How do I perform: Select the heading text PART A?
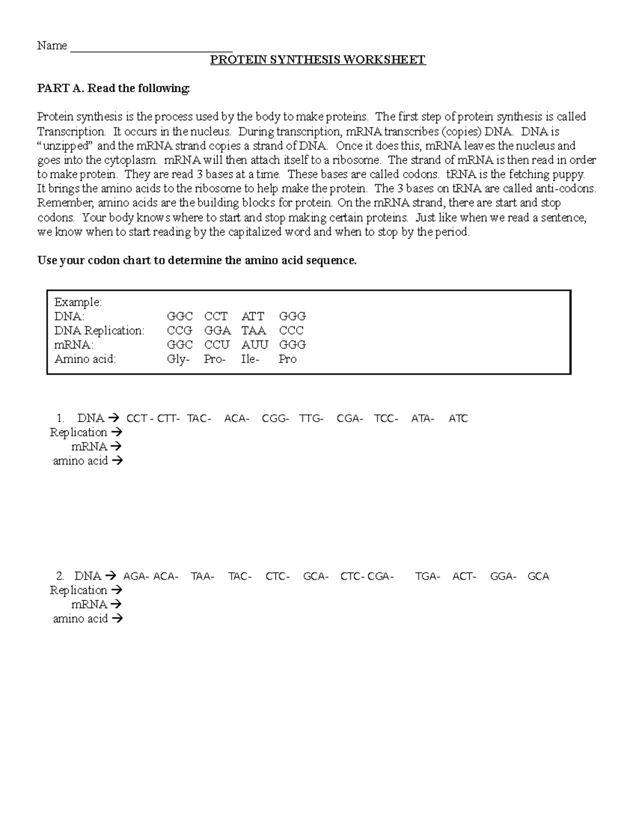pos(60,89)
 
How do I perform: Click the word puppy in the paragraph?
pos(568,174)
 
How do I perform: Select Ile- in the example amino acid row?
pos(250,359)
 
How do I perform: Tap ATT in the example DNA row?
pos(253,316)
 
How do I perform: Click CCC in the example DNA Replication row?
pos(291,331)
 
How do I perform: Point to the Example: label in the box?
pos(78,302)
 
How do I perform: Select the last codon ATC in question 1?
pos(458,419)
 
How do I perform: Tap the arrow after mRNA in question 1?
pos(117,447)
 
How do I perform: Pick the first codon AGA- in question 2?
pos(136,577)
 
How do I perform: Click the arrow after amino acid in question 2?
pos(118,618)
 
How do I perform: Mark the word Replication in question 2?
pos(78,590)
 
